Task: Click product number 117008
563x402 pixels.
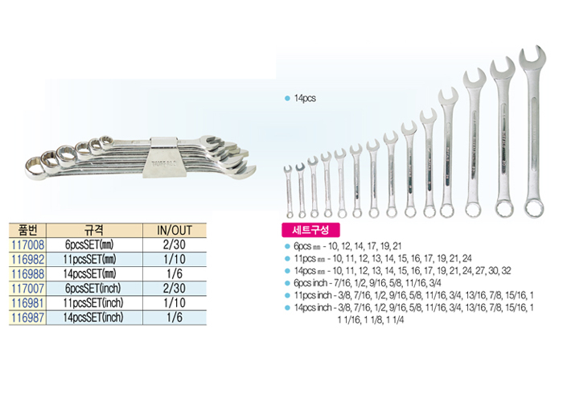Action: coord(28,244)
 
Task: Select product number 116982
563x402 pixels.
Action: coord(28,259)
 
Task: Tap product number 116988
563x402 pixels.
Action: coord(28,274)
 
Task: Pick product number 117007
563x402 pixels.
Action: coord(28,288)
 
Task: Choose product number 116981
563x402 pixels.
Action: coord(28,303)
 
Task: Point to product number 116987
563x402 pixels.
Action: coord(28,318)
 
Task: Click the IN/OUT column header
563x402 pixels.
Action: coord(175,230)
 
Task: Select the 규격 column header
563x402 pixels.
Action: coord(94,230)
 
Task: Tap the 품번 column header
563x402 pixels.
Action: coord(27,230)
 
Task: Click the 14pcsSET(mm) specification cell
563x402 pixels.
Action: coord(90,274)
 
